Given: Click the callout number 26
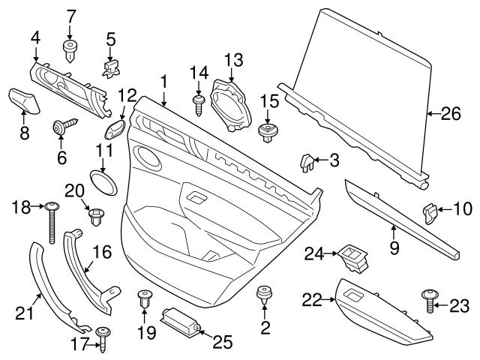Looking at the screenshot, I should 449,115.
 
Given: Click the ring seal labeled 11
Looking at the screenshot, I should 104,181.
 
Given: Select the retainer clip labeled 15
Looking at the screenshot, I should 268,132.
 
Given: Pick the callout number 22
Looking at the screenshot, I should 310,301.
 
